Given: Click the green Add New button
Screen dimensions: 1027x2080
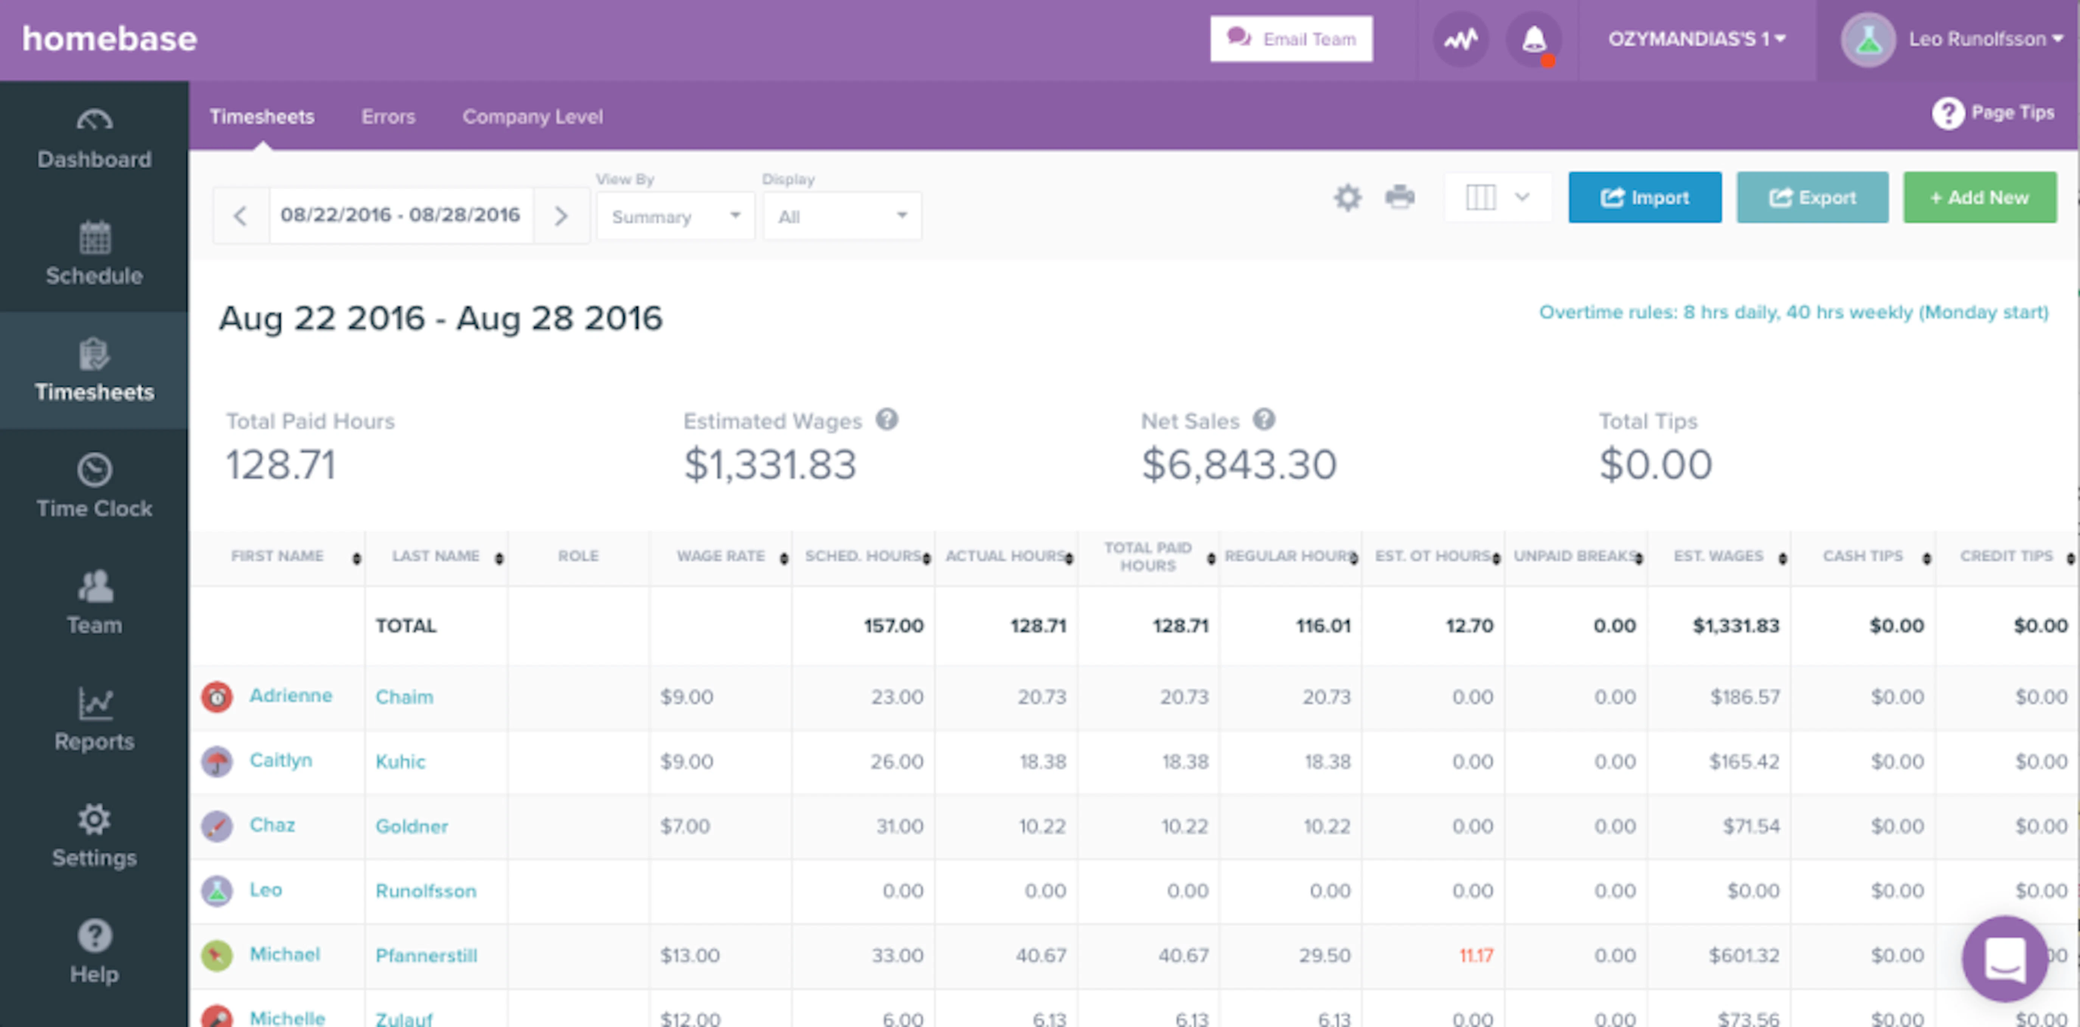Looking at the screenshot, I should click(x=1979, y=198).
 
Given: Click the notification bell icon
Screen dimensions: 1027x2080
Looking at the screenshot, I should click(x=1534, y=39).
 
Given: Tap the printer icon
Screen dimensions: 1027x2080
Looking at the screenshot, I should click(x=1399, y=197).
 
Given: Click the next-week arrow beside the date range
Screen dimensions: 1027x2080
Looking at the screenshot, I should click(x=561, y=216).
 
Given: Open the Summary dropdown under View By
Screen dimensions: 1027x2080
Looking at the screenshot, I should click(x=675, y=216).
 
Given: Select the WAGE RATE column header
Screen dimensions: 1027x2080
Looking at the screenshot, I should click(x=720, y=556).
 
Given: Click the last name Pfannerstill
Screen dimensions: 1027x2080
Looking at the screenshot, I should click(x=426, y=955).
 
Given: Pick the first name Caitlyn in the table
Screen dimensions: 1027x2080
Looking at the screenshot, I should click(x=280, y=760).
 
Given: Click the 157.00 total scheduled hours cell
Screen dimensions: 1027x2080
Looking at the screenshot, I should click(x=893, y=626).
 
